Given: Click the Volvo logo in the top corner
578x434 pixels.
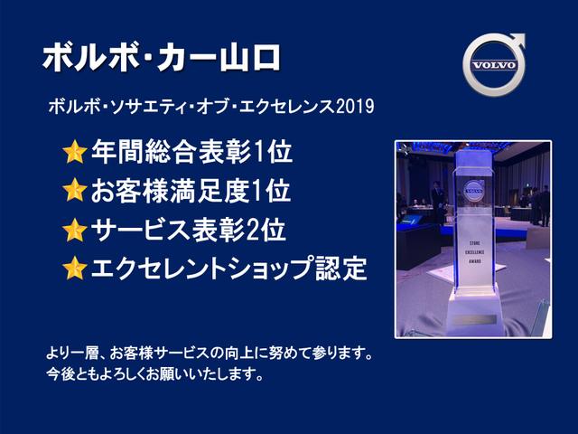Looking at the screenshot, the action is coord(494,64).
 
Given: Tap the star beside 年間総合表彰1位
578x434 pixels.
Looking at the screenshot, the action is coord(75,151).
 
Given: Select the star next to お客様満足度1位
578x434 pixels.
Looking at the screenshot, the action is coord(75,190).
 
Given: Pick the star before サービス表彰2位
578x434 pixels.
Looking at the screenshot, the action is coord(75,230).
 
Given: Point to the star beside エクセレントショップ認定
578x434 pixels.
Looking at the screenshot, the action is coord(75,268).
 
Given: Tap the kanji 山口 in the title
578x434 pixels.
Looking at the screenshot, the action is coord(250,58).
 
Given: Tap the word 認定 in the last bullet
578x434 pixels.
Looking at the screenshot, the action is coord(341,268).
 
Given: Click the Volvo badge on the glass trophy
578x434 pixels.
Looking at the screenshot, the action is coord(473,191).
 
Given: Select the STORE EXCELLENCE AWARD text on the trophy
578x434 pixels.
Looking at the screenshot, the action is coord(476,252).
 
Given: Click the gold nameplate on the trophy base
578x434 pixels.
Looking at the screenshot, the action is coord(475,319).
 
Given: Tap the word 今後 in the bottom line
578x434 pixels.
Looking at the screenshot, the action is coord(61,374).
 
